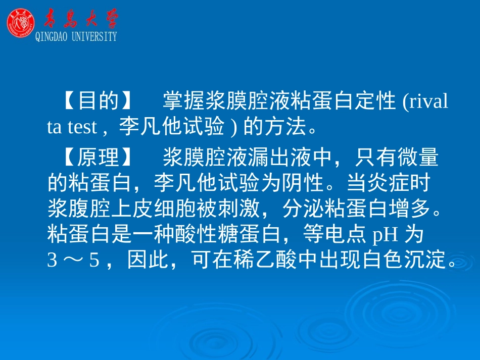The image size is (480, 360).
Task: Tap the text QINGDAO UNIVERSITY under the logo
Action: tap(76, 36)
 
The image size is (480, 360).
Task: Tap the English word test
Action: tap(82, 128)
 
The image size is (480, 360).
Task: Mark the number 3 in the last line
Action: tap(52, 261)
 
